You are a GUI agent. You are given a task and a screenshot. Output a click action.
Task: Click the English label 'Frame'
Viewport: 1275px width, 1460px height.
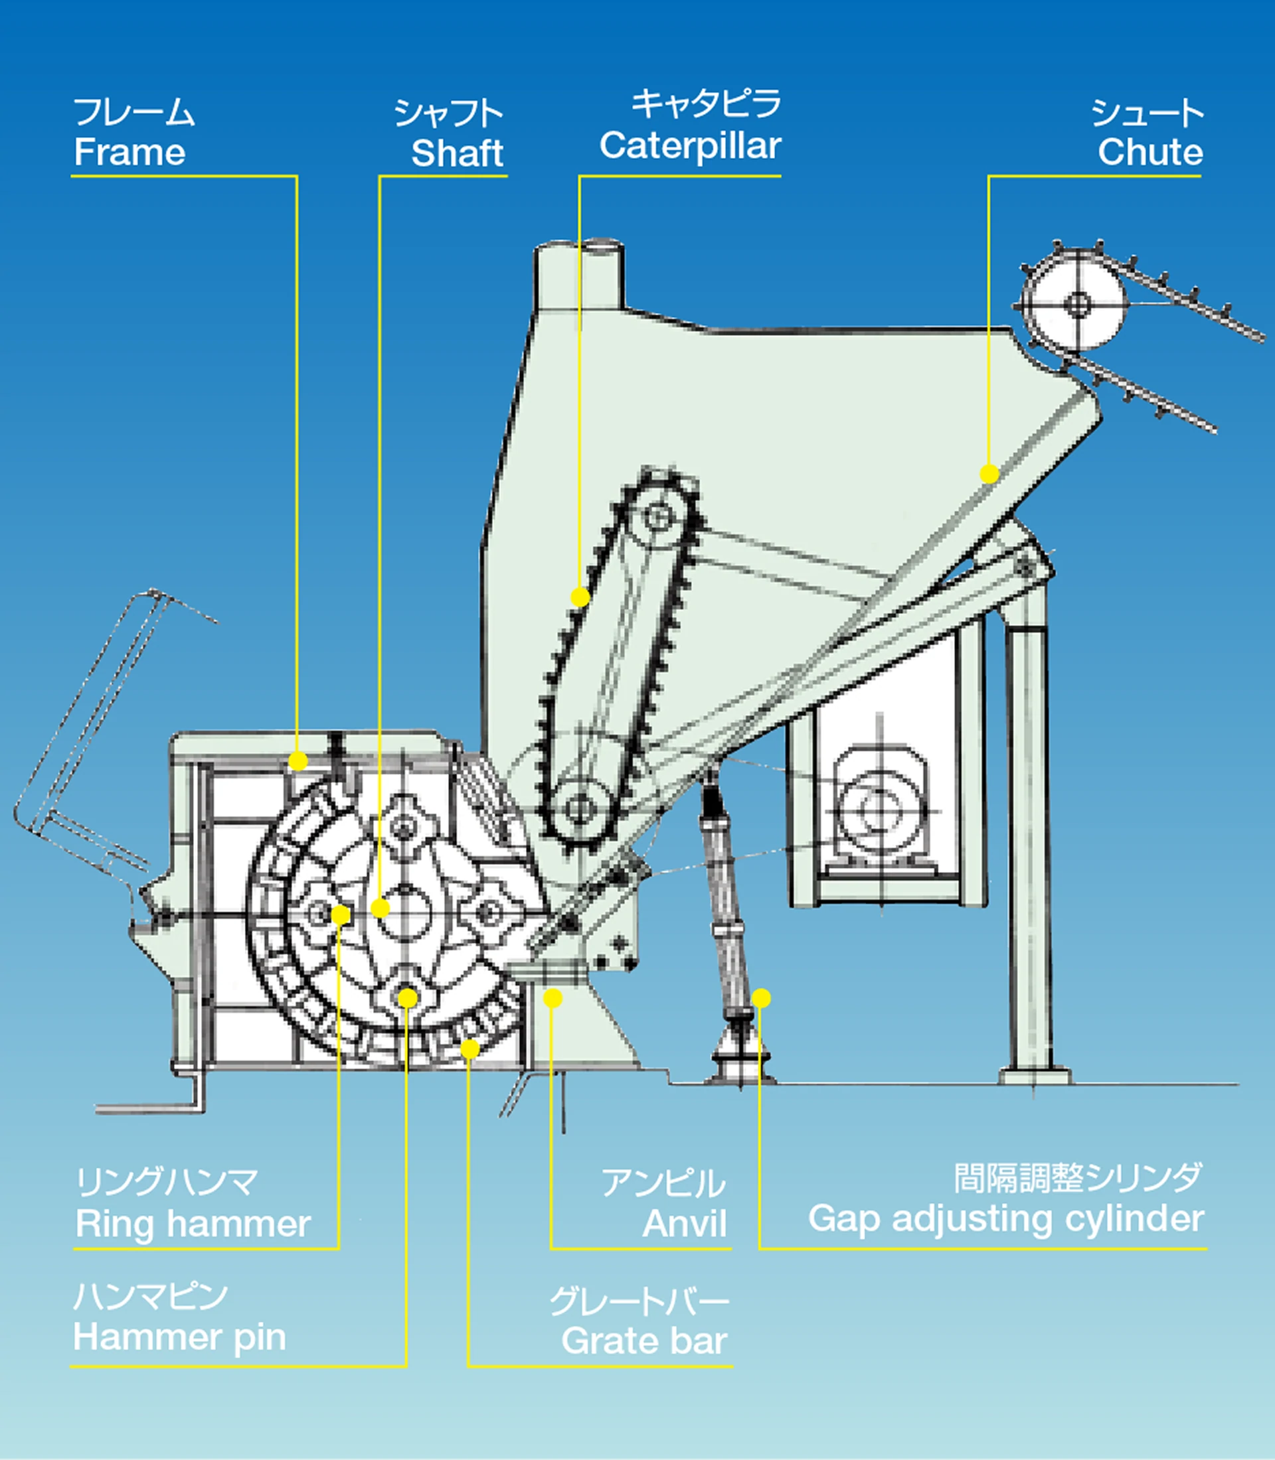[129, 152]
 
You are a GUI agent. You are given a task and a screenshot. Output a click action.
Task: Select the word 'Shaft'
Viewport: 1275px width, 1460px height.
[457, 153]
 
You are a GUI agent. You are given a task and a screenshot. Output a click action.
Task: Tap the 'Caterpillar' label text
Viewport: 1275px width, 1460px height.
[690, 147]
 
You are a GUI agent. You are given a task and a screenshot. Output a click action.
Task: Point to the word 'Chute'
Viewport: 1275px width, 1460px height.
[1149, 152]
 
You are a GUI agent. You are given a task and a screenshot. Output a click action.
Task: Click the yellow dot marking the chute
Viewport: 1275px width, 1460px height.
[989, 474]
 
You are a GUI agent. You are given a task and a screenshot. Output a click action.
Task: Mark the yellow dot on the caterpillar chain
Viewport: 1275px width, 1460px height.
[580, 597]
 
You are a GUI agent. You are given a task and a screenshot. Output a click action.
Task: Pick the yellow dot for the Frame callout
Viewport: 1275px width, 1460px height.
[298, 761]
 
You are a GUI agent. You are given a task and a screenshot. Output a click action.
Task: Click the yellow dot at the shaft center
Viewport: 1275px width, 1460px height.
[381, 908]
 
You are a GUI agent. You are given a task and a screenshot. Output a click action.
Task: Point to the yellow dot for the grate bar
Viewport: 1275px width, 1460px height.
[469, 1049]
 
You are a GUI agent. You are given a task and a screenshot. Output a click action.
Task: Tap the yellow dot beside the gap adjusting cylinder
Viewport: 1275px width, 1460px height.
[761, 999]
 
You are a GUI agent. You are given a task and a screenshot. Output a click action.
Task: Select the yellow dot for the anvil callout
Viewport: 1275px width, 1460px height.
[552, 999]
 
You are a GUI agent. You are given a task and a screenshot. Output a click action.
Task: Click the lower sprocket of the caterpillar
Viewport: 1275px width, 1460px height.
[580, 808]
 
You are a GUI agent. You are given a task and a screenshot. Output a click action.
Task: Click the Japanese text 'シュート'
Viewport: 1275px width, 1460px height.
[1147, 113]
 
